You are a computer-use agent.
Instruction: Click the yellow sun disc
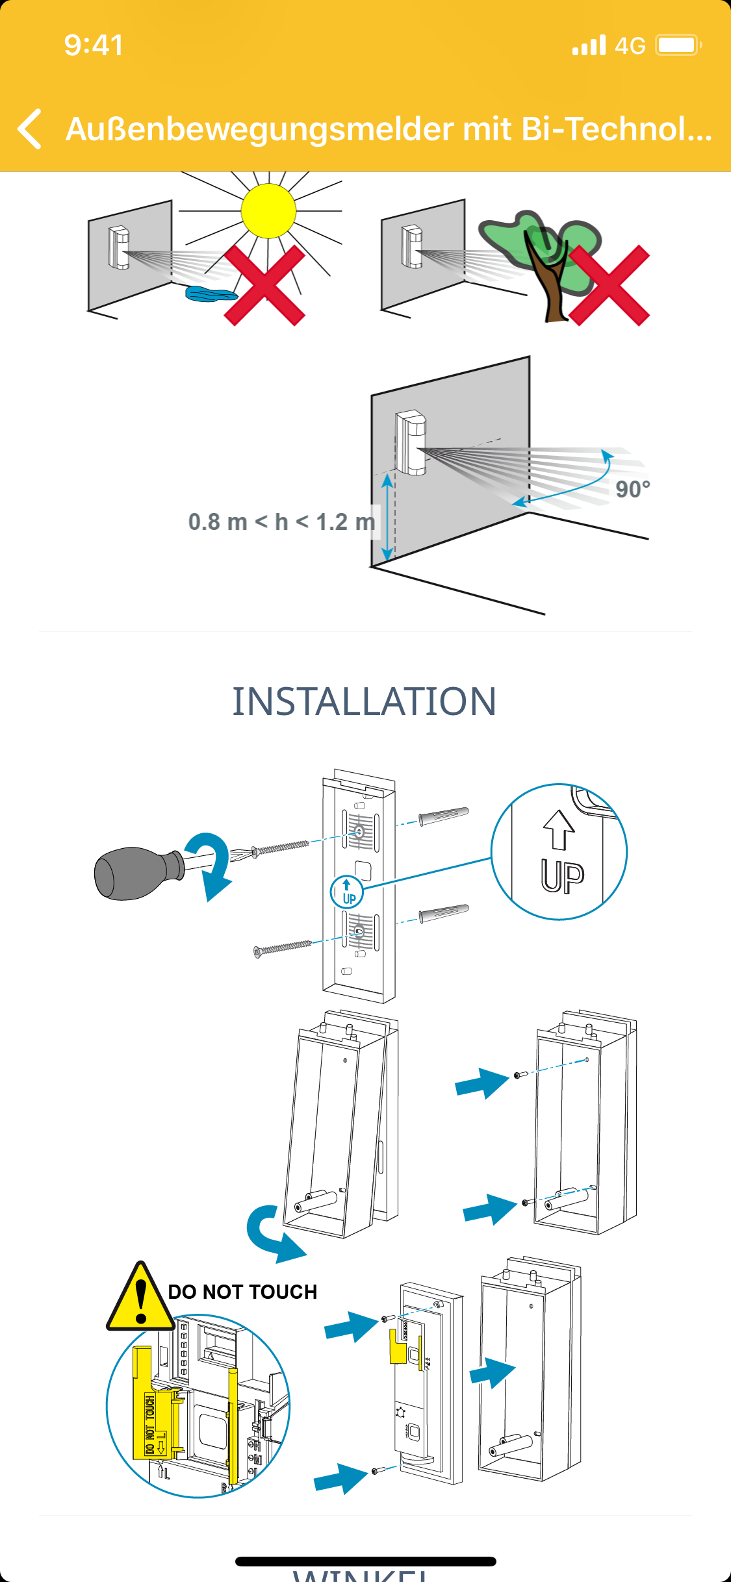(x=268, y=210)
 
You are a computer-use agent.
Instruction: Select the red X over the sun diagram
(x=264, y=285)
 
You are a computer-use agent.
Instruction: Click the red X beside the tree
(x=609, y=285)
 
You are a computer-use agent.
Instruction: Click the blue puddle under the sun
(x=209, y=294)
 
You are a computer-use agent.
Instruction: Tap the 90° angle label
(x=632, y=489)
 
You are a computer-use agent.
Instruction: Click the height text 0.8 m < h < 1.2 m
(x=281, y=521)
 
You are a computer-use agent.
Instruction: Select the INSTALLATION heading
(x=365, y=702)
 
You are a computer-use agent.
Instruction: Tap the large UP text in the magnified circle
(x=563, y=876)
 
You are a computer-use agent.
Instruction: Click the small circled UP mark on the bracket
(x=347, y=892)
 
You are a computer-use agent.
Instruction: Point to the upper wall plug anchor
(x=443, y=816)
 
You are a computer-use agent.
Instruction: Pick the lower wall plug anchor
(x=443, y=914)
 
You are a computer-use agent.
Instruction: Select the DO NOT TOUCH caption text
(x=242, y=1292)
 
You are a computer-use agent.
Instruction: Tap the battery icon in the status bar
(x=678, y=45)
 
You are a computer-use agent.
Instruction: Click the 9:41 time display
(x=94, y=45)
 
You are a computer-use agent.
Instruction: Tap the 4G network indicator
(x=630, y=45)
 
